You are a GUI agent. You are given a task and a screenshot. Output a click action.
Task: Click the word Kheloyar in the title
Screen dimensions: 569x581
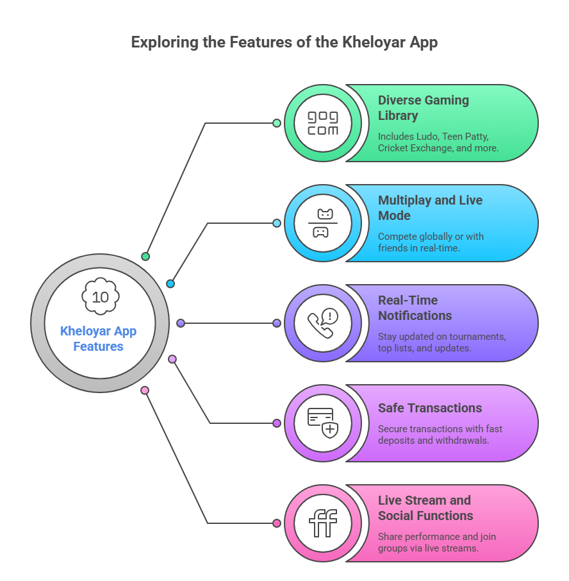point(374,42)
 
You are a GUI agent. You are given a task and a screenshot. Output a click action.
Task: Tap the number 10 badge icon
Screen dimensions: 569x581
point(101,296)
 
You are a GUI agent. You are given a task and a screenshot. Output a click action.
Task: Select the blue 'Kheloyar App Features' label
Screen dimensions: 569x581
point(99,339)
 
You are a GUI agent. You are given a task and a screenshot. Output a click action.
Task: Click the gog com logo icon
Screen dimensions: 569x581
point(323,123)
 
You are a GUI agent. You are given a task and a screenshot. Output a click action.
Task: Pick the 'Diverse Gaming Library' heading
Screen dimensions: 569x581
point(424,108)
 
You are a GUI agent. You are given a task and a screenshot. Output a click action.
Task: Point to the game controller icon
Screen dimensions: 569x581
point(323,223)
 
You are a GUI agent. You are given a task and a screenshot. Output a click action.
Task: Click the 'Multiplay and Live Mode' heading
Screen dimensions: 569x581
point(430,208)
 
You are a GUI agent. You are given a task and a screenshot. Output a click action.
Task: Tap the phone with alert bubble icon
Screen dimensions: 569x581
point(323,323)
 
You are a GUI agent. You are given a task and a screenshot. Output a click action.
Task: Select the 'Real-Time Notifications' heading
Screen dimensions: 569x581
point(415,308)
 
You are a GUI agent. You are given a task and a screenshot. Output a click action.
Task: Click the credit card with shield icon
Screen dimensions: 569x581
point(323,423)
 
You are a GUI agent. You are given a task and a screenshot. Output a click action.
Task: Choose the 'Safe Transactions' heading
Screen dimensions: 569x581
point(430,408)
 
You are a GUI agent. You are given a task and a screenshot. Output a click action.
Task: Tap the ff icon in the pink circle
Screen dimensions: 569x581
point(323,523)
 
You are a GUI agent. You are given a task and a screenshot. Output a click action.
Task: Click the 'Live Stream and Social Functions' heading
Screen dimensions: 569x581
point(425,508)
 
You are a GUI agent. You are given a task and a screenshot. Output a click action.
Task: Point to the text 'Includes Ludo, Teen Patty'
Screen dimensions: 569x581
point(433,137)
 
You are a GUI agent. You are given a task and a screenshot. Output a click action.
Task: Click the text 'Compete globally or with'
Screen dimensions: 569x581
point(431,237)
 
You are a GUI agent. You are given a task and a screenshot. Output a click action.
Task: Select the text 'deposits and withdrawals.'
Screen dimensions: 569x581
point(434,441)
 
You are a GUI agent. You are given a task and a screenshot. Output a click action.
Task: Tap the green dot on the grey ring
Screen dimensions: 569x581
point(145,257)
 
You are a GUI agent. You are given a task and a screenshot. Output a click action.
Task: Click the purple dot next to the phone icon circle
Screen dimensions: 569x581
point(277,323)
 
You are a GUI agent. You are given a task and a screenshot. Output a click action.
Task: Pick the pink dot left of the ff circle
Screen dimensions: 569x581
point(277,523)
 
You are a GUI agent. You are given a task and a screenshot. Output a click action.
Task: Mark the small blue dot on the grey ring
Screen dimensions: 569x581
point(170,284)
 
